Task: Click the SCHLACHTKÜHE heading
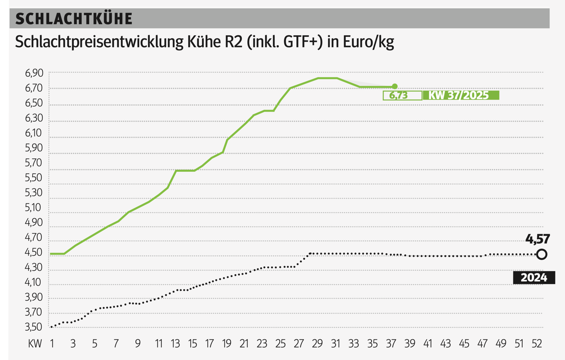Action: [74, 19]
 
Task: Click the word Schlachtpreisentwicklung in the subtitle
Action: [99, 42]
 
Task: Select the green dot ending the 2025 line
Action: [395, 86]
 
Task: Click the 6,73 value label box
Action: [402, 95]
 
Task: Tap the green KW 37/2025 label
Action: [460, 95]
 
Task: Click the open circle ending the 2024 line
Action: [541, 254]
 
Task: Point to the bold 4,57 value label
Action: [537, 239]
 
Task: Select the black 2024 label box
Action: [534, 278]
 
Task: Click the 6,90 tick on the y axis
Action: [34, 73]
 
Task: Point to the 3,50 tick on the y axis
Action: [34, 327]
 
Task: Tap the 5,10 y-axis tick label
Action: [33, 207]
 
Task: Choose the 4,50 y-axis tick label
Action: [34, 252]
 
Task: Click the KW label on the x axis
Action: [35, 344]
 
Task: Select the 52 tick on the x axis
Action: [537, 344]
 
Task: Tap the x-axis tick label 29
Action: [317, 344]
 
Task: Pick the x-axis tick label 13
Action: [175, 344]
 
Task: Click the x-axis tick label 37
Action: [391, 344]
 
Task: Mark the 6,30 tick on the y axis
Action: [34, 118]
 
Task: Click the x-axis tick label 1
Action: [52, 344]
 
